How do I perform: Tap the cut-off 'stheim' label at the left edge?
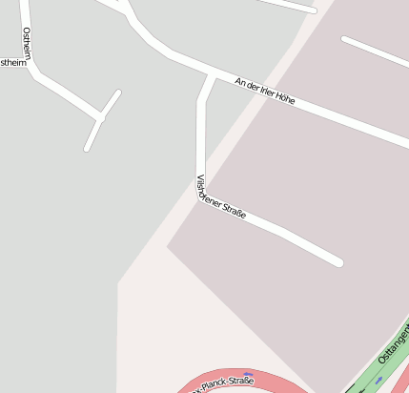(13, 62)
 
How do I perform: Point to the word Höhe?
(283, 97)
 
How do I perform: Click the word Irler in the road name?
(259, 89)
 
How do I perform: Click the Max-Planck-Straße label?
(223, 384)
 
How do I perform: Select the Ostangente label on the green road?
(393, 343)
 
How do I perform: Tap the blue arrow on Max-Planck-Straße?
(248, 375)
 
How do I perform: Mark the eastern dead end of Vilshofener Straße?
(337, 260)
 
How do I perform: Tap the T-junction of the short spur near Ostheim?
(100, 117)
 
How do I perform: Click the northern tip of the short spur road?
(118, 93)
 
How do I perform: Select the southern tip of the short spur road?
(87, 149)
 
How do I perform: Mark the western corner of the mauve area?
(168, 247)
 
